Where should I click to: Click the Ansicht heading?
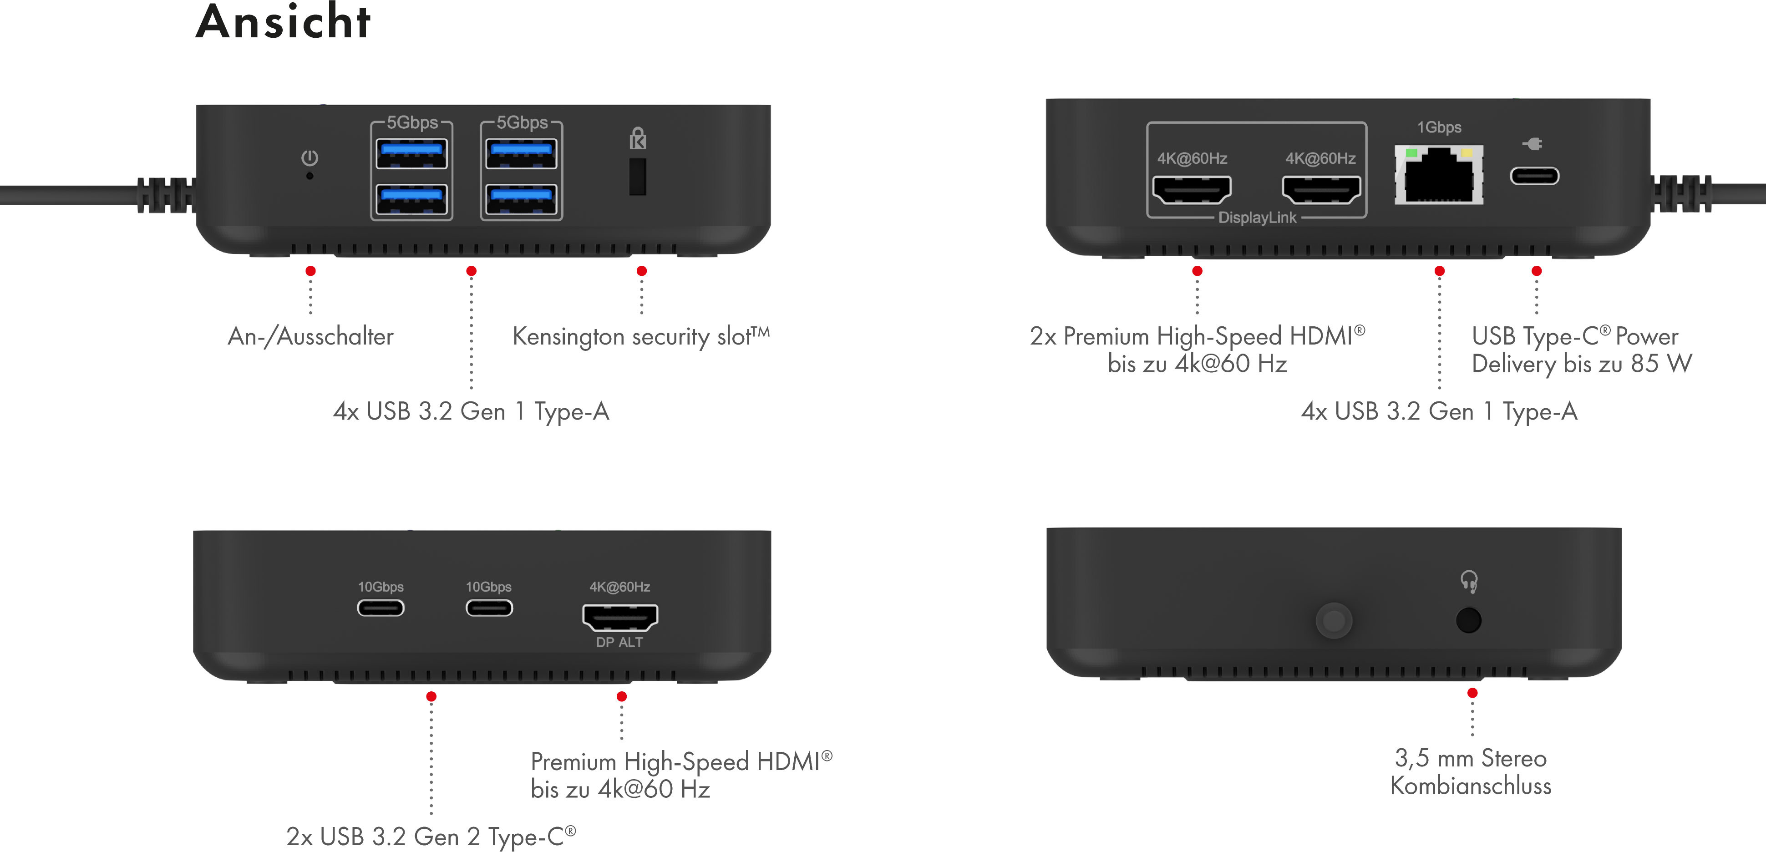point(283,23)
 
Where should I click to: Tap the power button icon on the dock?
point(310,158)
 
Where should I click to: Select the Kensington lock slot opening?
point(638,177)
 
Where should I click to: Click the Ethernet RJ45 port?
point(1439,176)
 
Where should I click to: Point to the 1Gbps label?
point(1439,127)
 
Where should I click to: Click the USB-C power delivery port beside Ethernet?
point(1534,176)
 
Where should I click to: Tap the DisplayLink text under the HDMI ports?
point(1257,218)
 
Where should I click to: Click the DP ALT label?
point(619,642)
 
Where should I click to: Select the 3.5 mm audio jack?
point(1468,620)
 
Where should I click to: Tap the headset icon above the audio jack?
point(1468,582)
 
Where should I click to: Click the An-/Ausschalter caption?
point(310,336)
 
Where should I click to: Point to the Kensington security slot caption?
point(641,336)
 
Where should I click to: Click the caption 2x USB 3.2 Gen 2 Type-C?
point(431,836)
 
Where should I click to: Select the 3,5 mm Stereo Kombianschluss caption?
point(1471,772)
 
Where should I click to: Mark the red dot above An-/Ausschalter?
point(310,271)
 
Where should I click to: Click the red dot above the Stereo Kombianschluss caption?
point(1472,693)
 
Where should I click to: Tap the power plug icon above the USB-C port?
point(1533,144)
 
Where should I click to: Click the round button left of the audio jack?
point(1334,621)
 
